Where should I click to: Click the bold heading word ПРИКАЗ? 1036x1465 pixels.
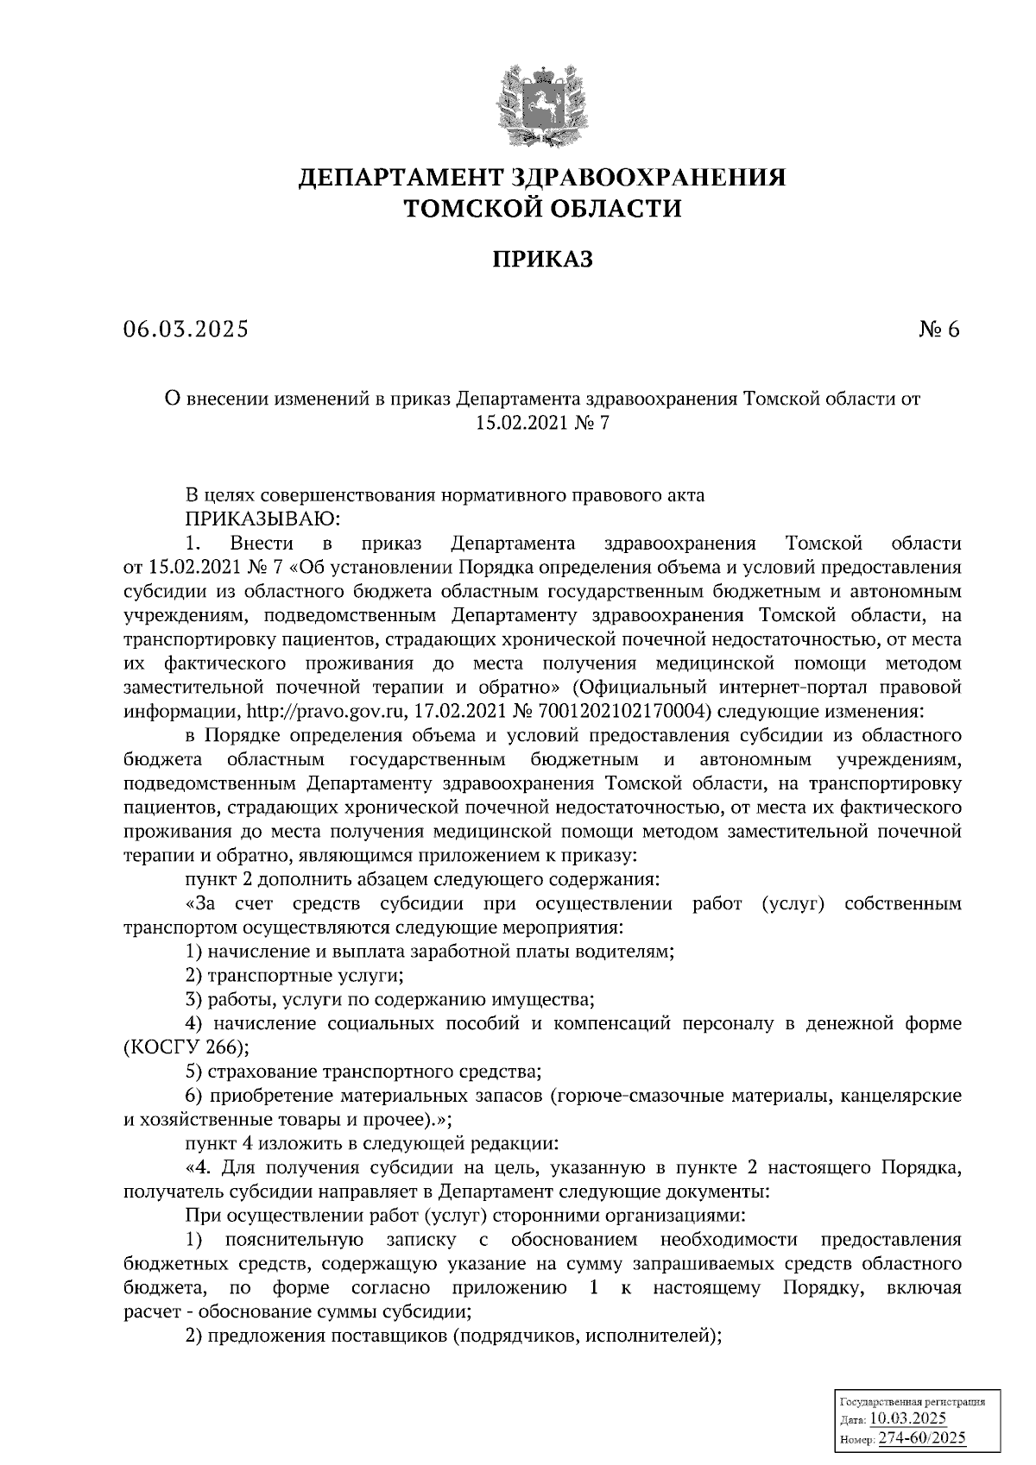coord(542,259)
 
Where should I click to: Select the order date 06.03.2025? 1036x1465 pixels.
coord(185,330)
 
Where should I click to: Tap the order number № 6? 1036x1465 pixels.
coord(938,330)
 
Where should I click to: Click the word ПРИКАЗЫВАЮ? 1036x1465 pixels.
coord(263,519)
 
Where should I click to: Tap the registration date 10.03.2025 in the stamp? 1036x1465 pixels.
coord(908,1418)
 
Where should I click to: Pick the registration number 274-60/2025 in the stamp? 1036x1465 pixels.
coord(921,1437)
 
